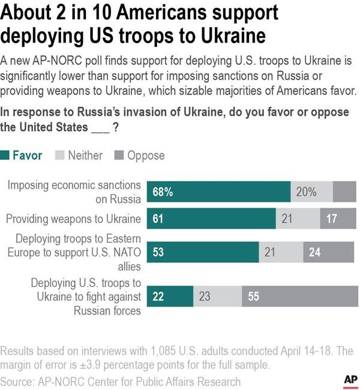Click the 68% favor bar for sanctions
point(218,192)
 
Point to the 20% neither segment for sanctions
point(311,192)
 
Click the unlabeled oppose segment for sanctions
point(344,192)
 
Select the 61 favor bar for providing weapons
point(211,219)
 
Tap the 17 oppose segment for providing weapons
point(338,219)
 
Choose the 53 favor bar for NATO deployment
point(203,252)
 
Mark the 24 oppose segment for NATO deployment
point(329,252)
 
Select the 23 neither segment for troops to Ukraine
point(217,296)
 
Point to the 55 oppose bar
point(299,296)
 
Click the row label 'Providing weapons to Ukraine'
point(73,219)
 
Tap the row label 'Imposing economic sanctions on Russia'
point(74,192)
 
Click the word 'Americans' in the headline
point(158,13)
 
